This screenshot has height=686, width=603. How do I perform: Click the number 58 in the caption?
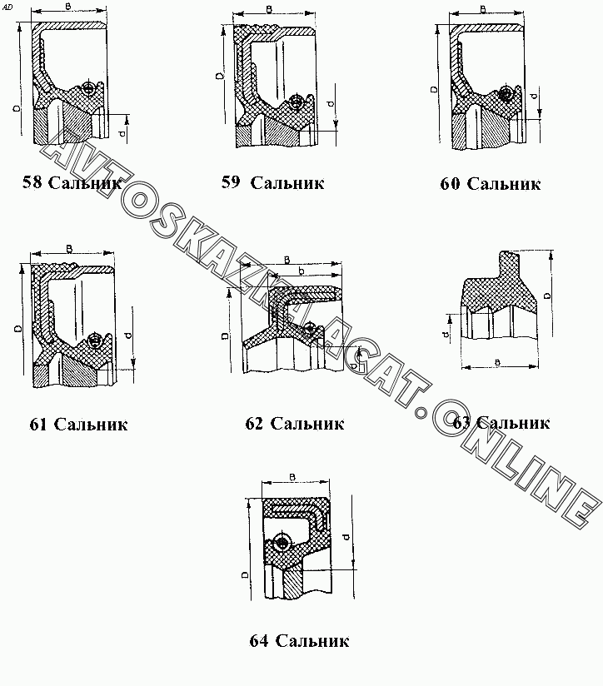click(x=32, y=182)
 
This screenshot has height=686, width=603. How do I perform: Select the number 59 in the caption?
click(x=231, y=182)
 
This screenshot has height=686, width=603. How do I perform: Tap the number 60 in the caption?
click(x=450, y=184)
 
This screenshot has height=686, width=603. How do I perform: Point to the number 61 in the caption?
click(x=38, y=424)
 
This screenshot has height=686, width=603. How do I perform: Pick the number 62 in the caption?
click(x=255, y=424)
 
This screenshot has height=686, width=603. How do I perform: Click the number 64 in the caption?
click(x=258, y=640)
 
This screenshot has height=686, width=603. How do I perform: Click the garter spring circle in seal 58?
click(x=89, y=89)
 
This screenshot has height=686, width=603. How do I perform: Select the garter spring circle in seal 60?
click(x=505, y=94)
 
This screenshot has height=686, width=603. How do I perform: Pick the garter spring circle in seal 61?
click(x=93, y=341)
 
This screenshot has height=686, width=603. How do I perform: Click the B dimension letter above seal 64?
click(x=293, y=475)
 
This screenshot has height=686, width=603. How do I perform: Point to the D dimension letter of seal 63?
click(x=546, y=295)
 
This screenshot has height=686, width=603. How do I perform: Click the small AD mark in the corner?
click(x=7, y=7)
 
